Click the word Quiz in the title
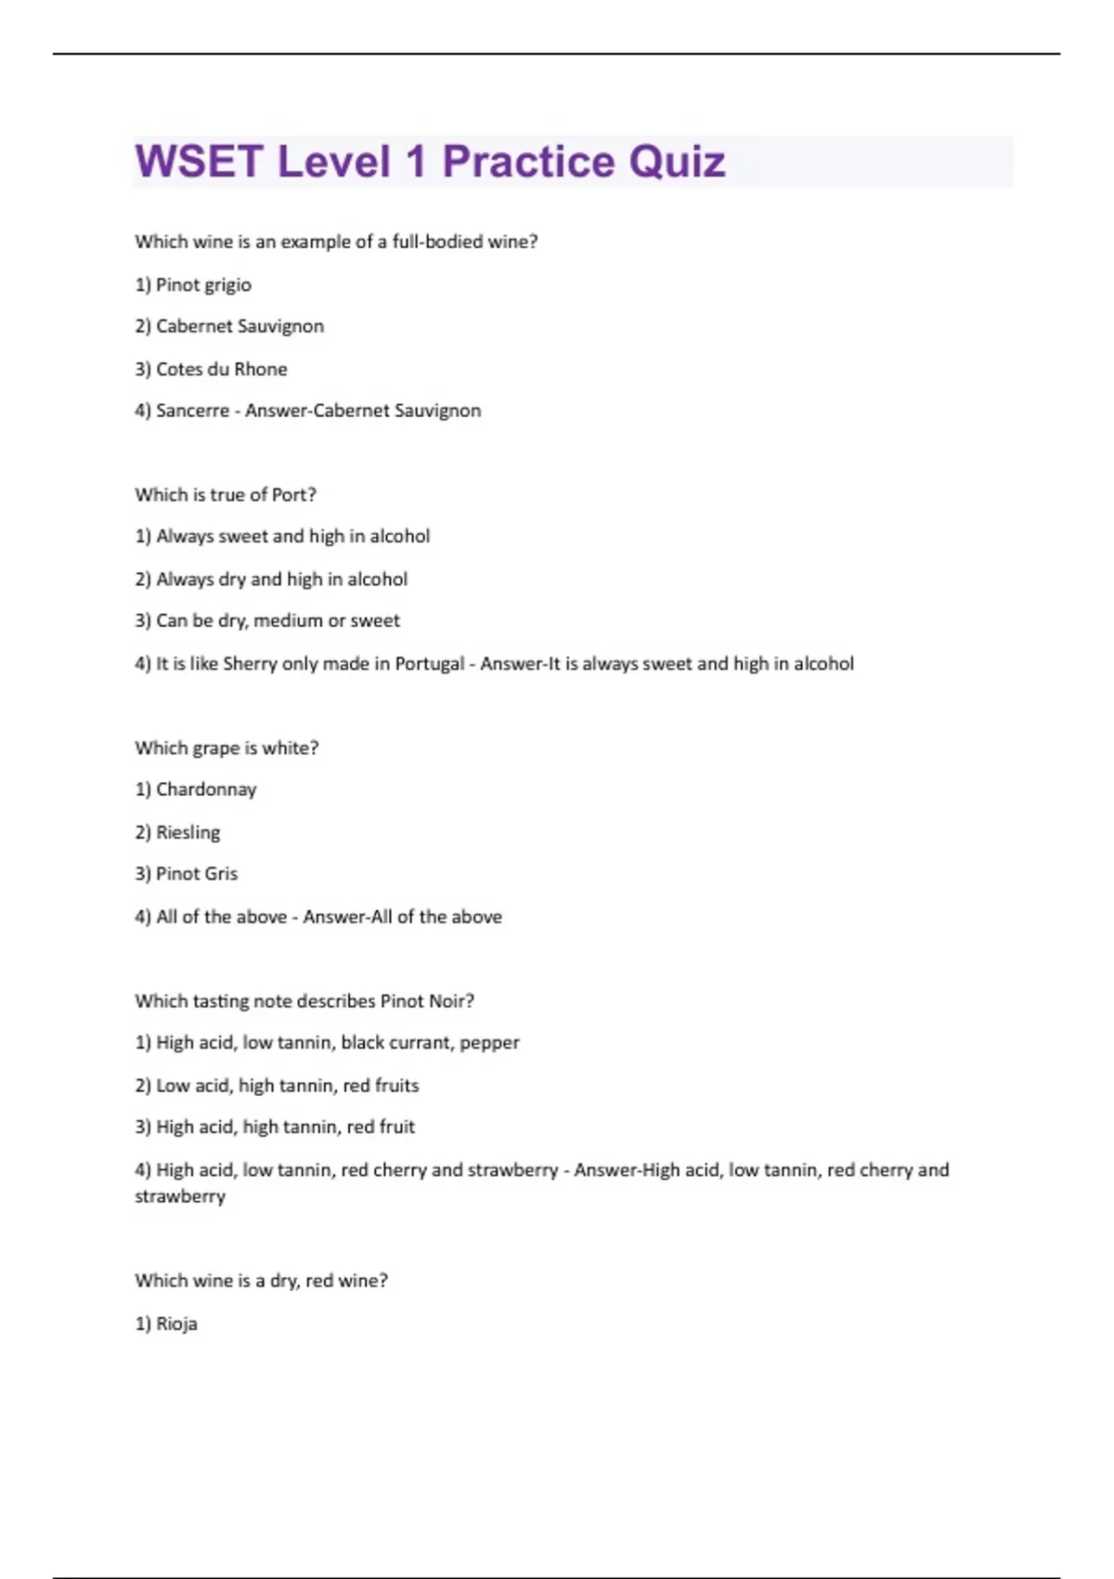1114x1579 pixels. [x=677, y=162]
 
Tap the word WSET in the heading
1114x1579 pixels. [x=200, y=162]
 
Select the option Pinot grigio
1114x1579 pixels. [x=203, y=285]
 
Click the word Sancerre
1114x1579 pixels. [x=192, y=411]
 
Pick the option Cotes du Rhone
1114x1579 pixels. [x=221, y=369]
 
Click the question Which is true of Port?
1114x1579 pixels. [x=226, y=495]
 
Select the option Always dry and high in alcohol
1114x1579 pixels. [x=281, y=579]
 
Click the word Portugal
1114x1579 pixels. [x=430, y=663]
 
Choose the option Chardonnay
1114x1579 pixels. [x=205, y=789]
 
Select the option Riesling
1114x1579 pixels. [x=188, y=832]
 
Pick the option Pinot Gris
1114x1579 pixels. [x=196, y=874]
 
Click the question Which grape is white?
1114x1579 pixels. [x=227, y=748]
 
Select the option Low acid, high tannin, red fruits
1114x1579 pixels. [x=287, y=1085]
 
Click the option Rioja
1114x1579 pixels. [x=176, y=1324]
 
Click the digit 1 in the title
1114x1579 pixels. [x=415, y=162]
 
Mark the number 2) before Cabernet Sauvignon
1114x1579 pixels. [x=143, y=326]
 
